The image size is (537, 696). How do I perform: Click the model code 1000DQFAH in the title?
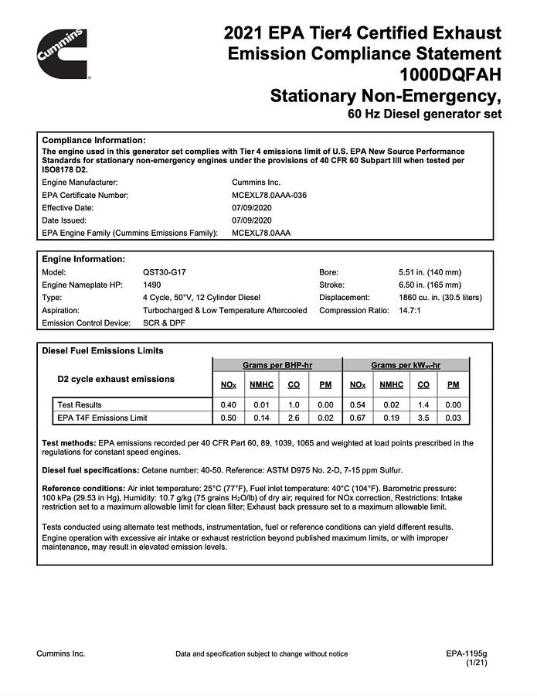(x=450, y=75)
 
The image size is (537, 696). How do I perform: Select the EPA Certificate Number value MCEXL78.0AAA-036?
(x=263, y=196)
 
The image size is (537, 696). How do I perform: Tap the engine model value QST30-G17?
(x=165, y=272)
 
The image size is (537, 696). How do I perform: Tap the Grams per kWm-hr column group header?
(x=406, y=364)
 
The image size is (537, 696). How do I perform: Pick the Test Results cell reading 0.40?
(x=227, y=404)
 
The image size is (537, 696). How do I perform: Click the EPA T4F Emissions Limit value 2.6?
(x=294, y=418)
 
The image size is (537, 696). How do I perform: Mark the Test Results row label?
(x=80, y=404)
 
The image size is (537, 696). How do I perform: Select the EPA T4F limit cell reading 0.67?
(x=357, y=418)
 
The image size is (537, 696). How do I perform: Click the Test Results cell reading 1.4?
(x=423, y=404)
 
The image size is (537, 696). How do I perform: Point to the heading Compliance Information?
(x=93, y=139)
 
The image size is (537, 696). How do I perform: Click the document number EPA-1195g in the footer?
(x=467, y=653)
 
